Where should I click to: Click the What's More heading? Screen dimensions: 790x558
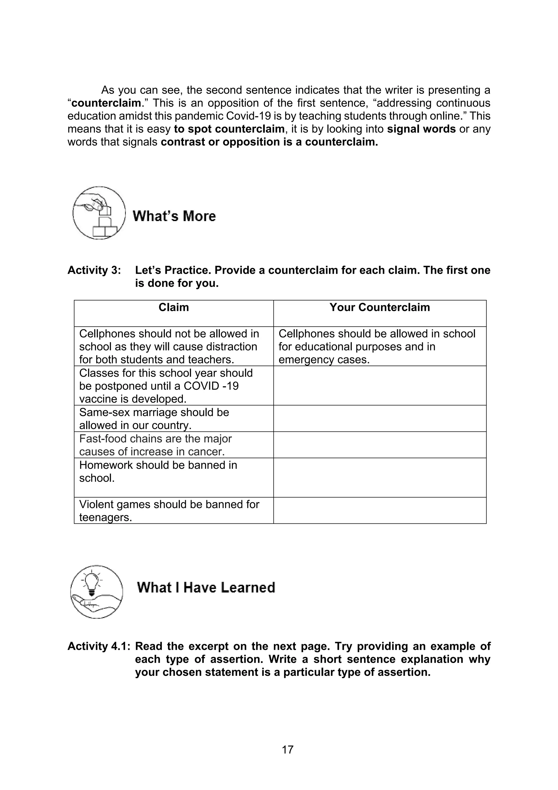point(174,216)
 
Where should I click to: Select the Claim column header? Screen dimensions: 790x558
point(174,307)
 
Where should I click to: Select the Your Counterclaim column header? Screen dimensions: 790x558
point(380,307)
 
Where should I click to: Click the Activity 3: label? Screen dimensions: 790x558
point(94,270)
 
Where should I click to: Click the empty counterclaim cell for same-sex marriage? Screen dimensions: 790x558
point(380,418)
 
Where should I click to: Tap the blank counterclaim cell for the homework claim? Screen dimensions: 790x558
point(380,478)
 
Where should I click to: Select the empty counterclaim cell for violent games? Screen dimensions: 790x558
point(380,511)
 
